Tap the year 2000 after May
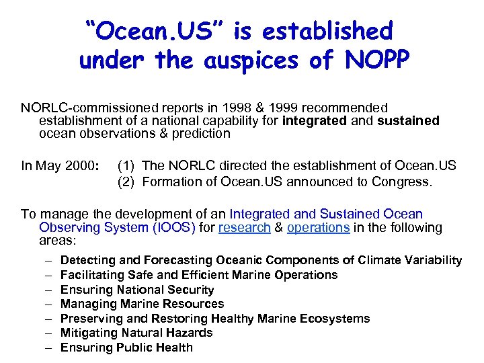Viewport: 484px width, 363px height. (x=83, y=165)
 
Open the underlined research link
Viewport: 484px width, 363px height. (x=243, y=227)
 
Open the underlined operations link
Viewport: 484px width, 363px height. (x=318, y=227)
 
